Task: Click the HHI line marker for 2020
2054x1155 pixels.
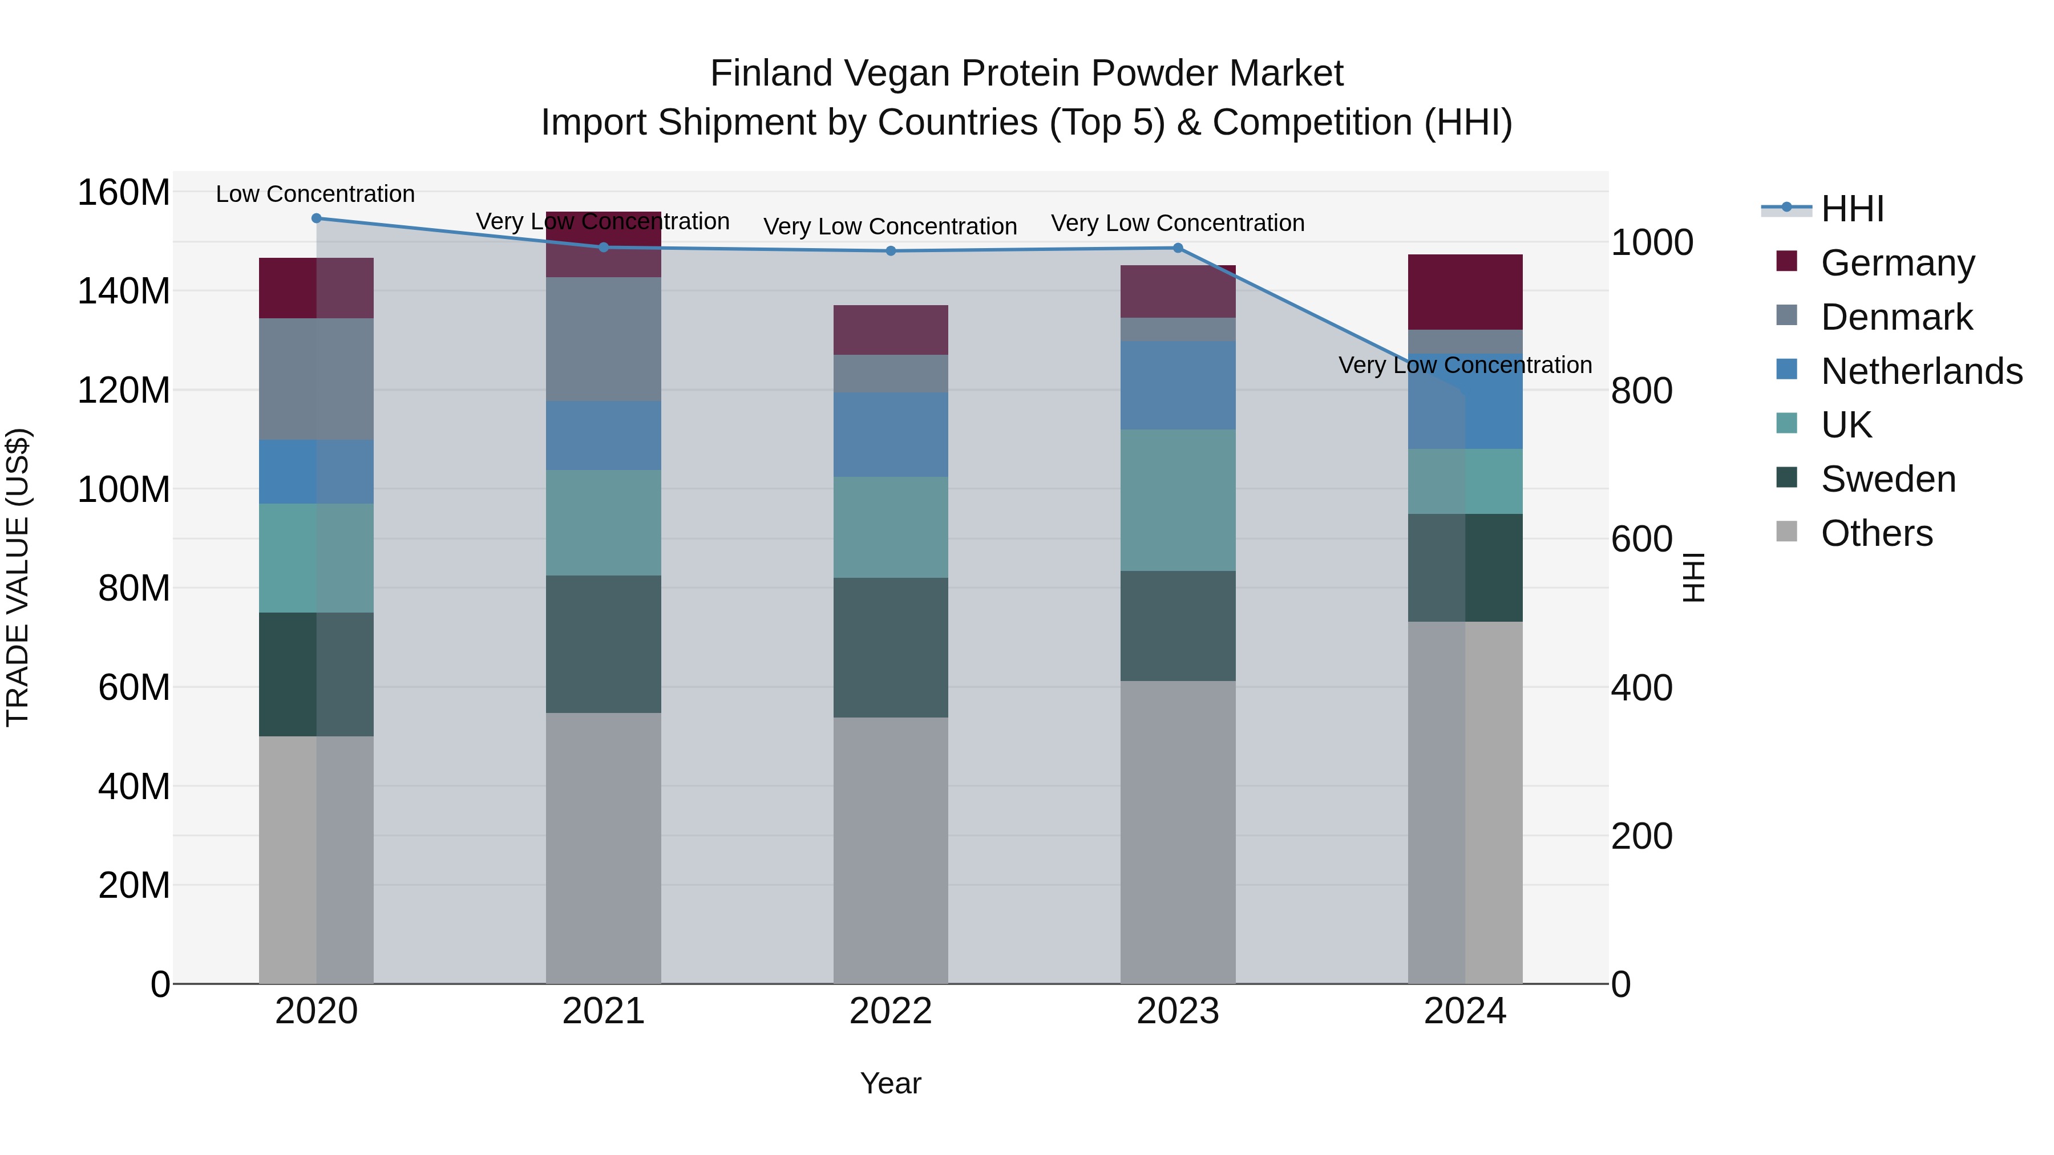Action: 317,218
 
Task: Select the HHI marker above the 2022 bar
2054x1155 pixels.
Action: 891,251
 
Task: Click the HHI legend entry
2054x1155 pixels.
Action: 1851,209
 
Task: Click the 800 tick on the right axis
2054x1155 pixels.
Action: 1641,391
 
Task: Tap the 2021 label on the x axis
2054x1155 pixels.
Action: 604,1011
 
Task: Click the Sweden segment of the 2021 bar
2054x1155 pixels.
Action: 604,644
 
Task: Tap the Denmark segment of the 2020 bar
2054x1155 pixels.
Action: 317,379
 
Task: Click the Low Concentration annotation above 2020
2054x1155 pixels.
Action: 315,194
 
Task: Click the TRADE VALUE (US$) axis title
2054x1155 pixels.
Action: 18,577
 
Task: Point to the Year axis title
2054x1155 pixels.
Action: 891,1083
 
